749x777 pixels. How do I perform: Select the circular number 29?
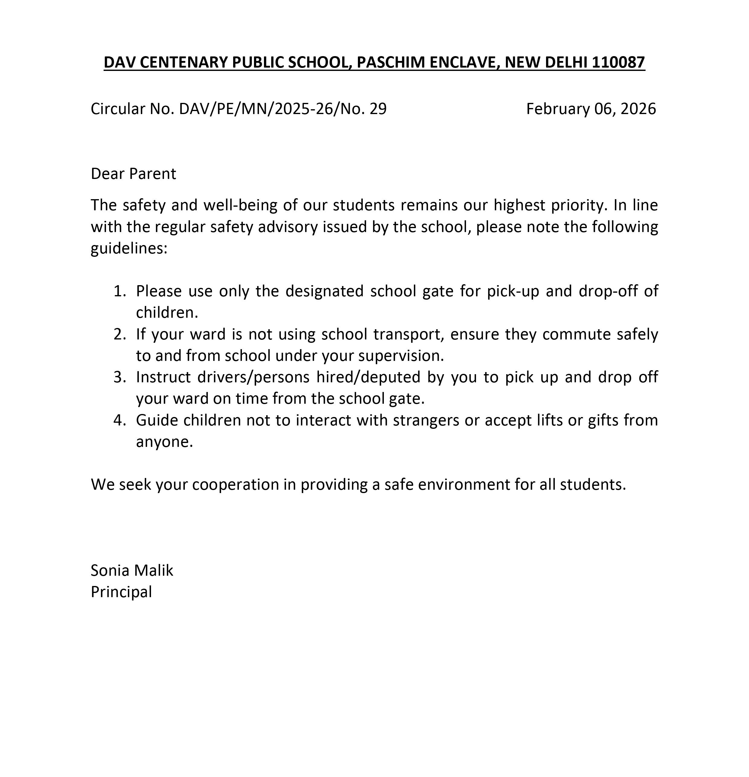(x=378, y=109)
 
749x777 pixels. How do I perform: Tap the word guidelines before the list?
(x=129, y=249)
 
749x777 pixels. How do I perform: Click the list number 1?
(x=119, y=291)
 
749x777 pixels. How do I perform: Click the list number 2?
(x=119, y=334)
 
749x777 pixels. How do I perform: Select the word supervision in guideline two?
(x=401, y=355)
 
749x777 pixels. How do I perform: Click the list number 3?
(x=119, y=377)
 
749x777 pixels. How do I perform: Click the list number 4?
(x=119, y=420)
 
